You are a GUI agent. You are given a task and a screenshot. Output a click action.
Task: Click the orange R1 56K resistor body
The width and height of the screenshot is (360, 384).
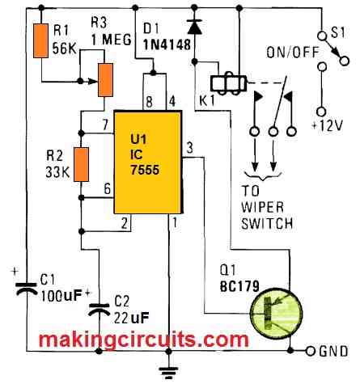coord(41,40)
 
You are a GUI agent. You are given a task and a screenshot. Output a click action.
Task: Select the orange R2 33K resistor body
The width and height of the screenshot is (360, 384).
coord(82,164)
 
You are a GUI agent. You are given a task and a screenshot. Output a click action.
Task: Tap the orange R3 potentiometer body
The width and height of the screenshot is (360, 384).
coord(105,80)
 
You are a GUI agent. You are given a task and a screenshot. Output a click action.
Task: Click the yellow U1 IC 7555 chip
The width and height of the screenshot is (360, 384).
coord(148,162)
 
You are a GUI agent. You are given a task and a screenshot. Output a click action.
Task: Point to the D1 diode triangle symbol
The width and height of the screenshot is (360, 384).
coord(195,27)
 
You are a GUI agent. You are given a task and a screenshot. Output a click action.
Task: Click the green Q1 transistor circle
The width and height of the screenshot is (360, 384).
coord(277,313)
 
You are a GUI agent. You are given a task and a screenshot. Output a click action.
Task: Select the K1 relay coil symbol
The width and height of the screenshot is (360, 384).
coord(229,83)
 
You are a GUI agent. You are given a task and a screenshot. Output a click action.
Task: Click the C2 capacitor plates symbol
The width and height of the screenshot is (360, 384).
coord(100,309)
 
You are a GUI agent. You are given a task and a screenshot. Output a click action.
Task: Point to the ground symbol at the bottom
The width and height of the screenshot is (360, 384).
coord(168,371)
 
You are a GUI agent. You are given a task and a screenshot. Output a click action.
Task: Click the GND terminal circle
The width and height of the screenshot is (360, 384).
coord(311,351)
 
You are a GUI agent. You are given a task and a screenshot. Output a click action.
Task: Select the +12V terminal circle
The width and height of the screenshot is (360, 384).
coord(321,112)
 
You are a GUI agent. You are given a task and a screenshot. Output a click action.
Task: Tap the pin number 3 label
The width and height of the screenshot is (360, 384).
coord(190,148)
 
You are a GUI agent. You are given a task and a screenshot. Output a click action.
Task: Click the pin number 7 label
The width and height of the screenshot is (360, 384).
coord(105,125)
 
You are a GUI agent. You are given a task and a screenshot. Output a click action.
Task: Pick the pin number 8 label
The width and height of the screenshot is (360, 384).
coord(149,102)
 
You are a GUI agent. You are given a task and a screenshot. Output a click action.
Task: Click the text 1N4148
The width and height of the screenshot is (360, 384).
coord(167,44)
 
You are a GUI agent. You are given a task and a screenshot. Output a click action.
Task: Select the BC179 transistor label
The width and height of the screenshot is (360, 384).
coord(239,287)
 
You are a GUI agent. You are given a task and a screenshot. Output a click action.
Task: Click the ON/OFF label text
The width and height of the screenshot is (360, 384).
coord(293,53)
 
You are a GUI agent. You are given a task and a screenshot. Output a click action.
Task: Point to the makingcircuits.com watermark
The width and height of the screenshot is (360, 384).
coord(144,340)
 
